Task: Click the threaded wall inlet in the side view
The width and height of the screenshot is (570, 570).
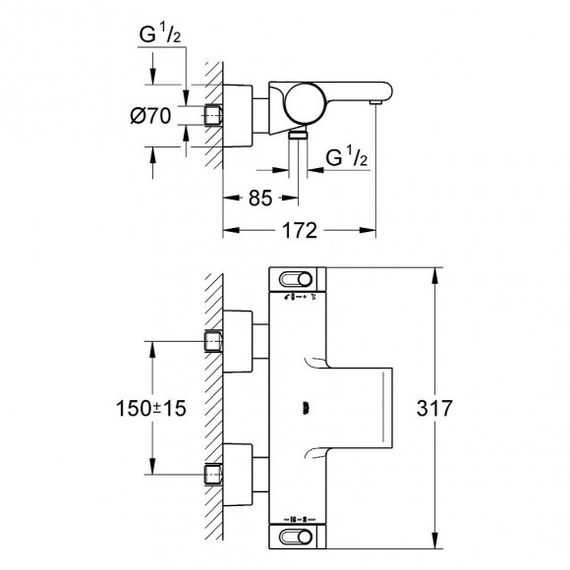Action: pyautogui.click(x=213, y=115)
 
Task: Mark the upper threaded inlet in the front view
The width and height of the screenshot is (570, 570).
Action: pyautogui.click(x=213, y=341)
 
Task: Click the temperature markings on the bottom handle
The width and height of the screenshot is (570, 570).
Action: pyautogui.click(x=297, y=514)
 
